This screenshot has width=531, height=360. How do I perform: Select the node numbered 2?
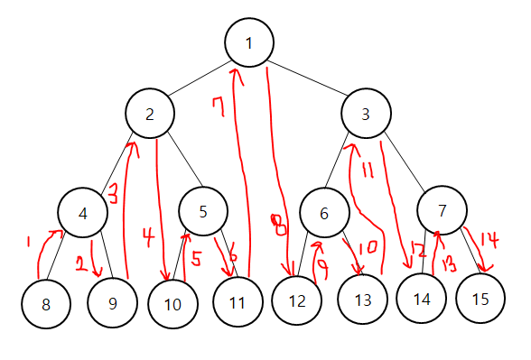point(150,114)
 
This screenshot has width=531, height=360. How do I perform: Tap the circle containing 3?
point(365,114)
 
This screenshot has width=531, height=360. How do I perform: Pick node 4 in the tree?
point(83,213)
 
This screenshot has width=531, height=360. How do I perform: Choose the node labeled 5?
point(203,211)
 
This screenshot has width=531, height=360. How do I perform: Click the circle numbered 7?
point(442,211)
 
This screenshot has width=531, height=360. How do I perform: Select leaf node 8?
point(45,303)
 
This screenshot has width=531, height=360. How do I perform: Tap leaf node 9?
point(112,303)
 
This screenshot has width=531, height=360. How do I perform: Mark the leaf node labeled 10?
point(173,303)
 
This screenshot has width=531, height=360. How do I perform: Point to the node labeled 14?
point(421,300)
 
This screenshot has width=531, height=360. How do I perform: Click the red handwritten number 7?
point(217,110)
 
